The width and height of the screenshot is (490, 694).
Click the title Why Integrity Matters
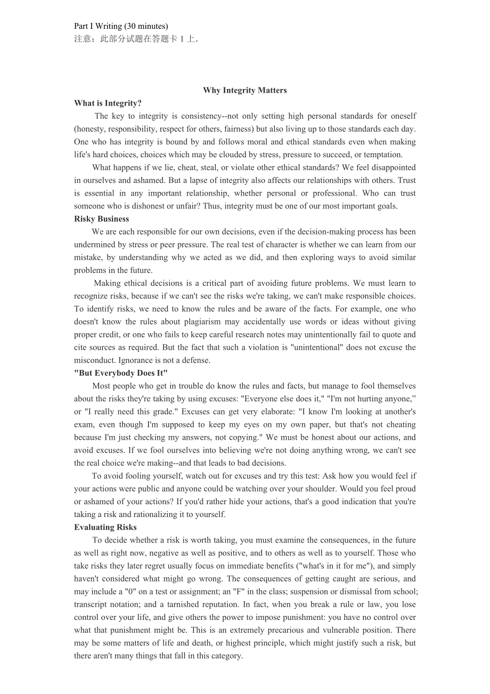tap(244, 90)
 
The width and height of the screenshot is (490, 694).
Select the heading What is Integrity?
tap(108, 103)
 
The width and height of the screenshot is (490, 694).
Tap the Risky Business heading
tap(101, 219)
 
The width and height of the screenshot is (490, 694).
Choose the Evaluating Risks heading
tap(105, 527)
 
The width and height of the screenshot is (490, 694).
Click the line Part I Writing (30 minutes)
tap(121, 26)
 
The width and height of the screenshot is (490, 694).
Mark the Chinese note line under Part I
tap(136, 39)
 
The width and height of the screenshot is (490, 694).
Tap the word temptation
tap(382, 155)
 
